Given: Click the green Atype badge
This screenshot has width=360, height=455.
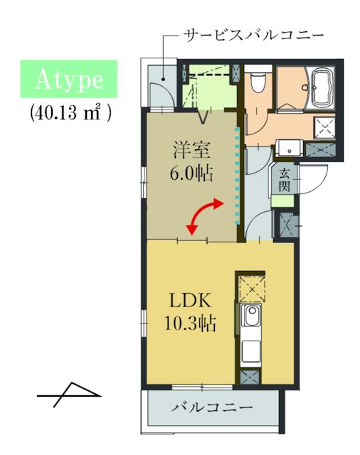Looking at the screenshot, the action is click(69, 79).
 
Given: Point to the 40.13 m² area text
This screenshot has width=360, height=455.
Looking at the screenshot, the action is click(70, 112).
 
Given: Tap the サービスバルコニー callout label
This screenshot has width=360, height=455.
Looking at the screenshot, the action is click(254, 36).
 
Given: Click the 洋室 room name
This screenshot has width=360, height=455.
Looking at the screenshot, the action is click(191, 150).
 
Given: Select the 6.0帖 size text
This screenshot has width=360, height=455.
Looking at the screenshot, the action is click(191, 173).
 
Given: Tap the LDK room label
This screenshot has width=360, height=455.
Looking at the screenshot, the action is click(190, 301).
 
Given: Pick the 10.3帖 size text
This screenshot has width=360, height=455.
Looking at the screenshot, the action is click(190, 323).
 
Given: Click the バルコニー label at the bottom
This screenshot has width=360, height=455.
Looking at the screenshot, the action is click(212, 407).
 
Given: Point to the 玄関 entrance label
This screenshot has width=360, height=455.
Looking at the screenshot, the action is click(284, 180).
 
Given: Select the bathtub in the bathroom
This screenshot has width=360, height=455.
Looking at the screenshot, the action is click(322, 86).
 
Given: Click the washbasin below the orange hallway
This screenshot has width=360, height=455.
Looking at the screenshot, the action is click(289, 149).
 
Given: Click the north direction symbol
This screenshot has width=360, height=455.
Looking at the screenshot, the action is click(69, 395).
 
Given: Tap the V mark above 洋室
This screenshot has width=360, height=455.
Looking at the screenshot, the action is click(204, 118).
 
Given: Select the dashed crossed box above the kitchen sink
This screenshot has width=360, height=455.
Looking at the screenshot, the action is click(251, 289).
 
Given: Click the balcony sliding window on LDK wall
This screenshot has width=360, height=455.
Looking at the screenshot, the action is click(202, 387).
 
